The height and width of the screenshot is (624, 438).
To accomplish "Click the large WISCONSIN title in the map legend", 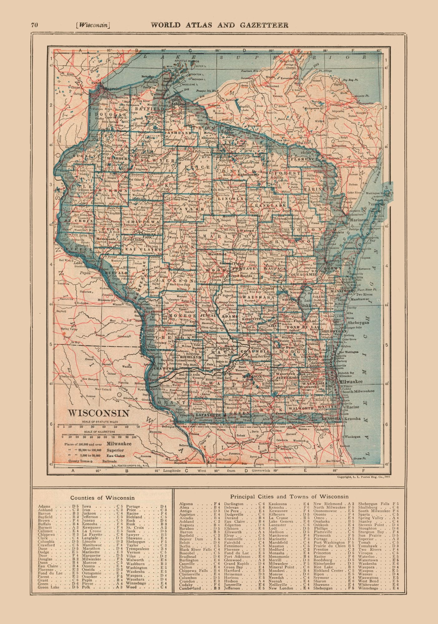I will coord(99,413).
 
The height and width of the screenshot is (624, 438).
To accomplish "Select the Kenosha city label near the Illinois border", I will coord(352,419).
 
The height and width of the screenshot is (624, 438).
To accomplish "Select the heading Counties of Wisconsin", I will coord(102,498).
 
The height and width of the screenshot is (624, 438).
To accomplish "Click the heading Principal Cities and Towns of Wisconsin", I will coord(289,496).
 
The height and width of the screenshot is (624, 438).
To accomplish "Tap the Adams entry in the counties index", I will coord(44,507).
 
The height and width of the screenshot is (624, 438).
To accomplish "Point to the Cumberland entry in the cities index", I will coord(190,588).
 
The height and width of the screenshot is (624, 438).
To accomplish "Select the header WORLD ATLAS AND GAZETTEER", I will coord(219,25).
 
